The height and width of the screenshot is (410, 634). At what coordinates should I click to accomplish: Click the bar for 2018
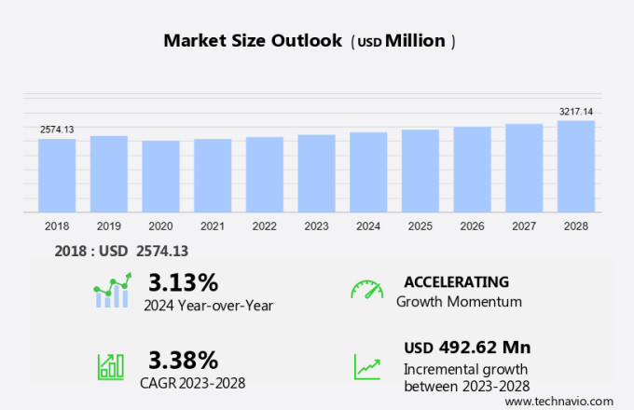click(x=57, y=175)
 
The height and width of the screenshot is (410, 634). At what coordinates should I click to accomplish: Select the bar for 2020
click(x=160, y=177)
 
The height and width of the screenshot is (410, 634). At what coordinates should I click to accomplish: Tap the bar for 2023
click(x=317, y=173)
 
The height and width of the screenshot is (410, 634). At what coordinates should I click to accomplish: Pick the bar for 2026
click(x=473, y=170)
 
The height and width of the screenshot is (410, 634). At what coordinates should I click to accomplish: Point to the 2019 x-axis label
click(x=109, y=225)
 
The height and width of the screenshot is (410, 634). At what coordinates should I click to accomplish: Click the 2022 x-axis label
click(x=265, y=225)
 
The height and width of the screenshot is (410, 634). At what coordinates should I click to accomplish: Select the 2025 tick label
click(x=420, y=225)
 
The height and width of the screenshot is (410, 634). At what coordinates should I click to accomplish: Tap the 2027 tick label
click(x=524, y=225)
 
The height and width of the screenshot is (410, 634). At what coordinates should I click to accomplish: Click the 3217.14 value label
click(x=576, y=112)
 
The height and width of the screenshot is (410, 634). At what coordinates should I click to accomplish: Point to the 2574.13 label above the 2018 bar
click(x=57, y=130)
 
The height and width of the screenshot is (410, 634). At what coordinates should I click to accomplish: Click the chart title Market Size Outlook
click(x=253, y=41)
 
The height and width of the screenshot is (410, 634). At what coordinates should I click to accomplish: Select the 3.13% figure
click(x=183, y=281)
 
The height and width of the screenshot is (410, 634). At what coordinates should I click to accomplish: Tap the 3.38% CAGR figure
click(x=183, y=360)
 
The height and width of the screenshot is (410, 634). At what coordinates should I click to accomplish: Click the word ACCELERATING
click(x=456, y=281)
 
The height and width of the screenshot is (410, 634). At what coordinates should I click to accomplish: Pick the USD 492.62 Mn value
click(x=467, y=348)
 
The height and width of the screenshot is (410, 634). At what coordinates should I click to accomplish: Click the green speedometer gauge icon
click(x=366, y=290)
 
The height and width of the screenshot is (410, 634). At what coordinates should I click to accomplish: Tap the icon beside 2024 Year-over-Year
click(x=112, y=291)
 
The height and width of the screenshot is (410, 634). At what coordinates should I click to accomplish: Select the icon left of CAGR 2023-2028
click(x=111, y=365)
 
